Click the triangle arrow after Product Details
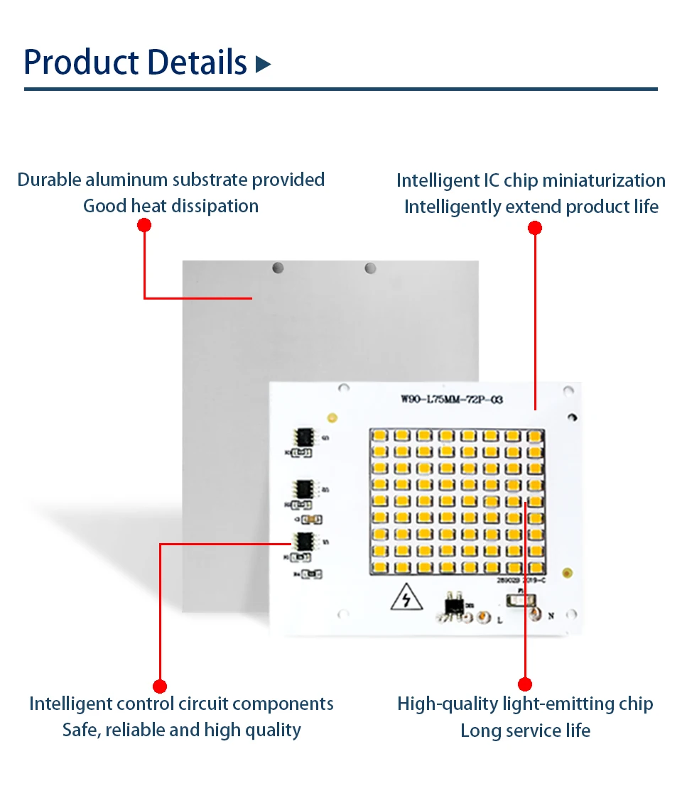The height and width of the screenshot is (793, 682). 264,65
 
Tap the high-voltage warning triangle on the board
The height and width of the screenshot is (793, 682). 406,601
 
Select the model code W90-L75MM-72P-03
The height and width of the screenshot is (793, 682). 452,400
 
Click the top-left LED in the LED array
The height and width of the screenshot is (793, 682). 379,435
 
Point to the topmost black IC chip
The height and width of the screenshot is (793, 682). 305,437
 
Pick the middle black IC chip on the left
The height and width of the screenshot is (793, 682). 305,488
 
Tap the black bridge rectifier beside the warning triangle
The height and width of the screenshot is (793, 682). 452,603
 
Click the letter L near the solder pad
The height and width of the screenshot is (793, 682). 500,620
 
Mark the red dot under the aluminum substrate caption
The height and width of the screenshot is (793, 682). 144,225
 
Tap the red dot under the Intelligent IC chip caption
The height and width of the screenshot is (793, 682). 535,228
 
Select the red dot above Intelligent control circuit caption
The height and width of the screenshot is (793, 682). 160,686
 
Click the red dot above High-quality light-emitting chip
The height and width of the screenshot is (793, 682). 525,684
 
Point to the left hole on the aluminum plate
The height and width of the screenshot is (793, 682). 278,268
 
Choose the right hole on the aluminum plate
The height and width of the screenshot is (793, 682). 369,268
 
